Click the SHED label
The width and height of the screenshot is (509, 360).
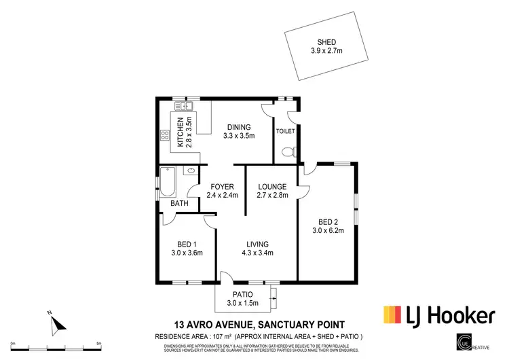(x=327, y=42)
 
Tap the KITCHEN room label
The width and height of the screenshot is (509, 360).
(x=180, y=132)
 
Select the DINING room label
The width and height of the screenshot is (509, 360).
(x=239, y=127)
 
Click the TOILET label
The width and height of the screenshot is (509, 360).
(x=285, y=130)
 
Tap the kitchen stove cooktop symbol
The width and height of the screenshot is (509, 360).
(x=164, y=134)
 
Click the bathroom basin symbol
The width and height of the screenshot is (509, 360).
(x=192, y=170)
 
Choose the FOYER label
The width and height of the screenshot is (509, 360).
(x=222, y=187)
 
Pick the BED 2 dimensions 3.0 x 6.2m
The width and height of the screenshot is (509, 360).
(x=327, y=230)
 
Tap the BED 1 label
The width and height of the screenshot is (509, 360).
(x=187, y=245)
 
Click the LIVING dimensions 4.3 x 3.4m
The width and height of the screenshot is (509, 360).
(x=258, y=253)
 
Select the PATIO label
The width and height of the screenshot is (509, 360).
(x=242, y=295)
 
